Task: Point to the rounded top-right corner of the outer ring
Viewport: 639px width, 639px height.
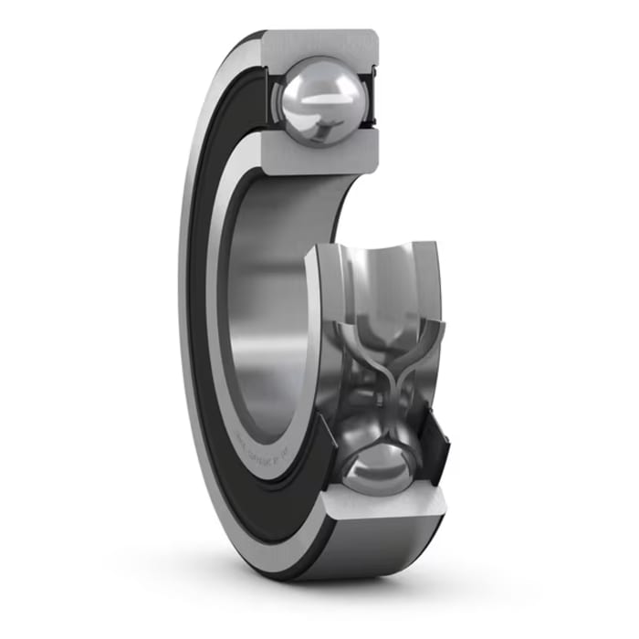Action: tap(373, 37)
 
